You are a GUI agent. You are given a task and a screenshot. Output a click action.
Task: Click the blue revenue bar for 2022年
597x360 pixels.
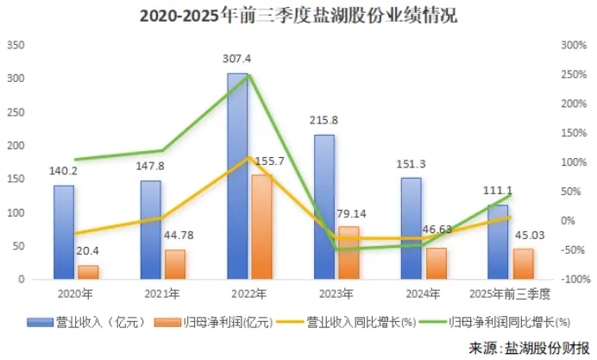click(237, 176)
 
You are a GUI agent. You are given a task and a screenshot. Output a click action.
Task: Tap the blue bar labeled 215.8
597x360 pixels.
click(324, 207)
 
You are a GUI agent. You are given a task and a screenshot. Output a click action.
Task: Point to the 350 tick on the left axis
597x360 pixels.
click(17, 45)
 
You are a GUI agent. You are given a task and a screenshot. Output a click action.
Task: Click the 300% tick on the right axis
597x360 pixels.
click(573, 45)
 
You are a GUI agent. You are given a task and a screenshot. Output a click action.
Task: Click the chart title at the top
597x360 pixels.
click(298, 16)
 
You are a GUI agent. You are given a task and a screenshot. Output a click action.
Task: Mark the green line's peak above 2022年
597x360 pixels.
click(249, 76)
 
